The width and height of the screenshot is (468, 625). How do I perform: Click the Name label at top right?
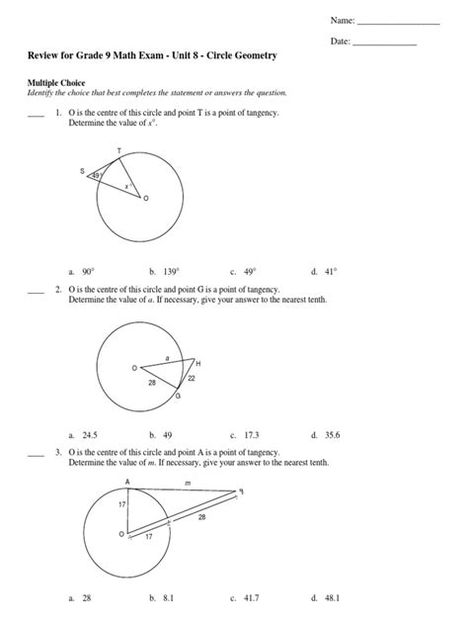tap(341, 19)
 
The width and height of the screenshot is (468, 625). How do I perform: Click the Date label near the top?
tap(338, 42)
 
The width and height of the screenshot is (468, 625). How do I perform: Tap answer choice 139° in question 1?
tap(164, 270)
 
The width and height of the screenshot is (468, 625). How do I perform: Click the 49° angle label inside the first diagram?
tap(97, 176)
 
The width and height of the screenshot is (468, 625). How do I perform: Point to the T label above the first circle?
tap(118, 152)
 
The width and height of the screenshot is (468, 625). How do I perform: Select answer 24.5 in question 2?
tap(87, 435)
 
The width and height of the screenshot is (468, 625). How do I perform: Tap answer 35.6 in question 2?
tap(327, 435)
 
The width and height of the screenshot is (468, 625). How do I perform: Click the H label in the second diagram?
tap(197, 364)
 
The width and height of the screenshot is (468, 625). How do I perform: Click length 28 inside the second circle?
tap(152, 381)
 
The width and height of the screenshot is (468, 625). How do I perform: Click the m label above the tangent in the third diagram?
tap(188, 484)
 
